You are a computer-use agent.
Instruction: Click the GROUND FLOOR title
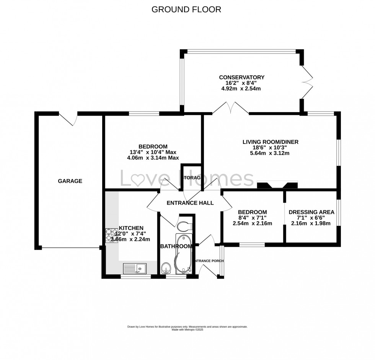[x=186, y=10]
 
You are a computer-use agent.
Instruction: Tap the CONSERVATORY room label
[x=241, y=77]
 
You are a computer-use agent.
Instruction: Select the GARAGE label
[x=70, y=181]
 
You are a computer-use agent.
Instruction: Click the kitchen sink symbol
[x=134, y=269]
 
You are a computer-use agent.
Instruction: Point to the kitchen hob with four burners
[x=112, y=235]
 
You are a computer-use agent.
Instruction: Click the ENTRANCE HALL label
[x=190, y=203]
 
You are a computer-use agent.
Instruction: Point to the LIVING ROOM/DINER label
[x=270, y=142]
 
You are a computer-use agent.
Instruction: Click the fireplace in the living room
[x=277, y=186]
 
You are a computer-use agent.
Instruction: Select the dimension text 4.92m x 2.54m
[x=241, y=89]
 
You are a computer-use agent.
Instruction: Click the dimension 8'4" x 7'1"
[x=252, y=218]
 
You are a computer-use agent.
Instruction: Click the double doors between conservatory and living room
[x=230, y=108]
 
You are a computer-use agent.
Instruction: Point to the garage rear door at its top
[x=71, y=119]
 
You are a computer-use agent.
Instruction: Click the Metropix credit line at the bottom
[x=187, y=329]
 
